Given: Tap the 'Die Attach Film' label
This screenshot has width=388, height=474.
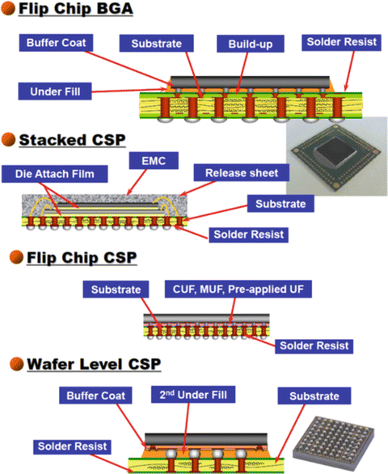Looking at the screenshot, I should [49, 171].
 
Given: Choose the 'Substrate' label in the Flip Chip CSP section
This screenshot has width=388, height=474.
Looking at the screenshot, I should [115, 288].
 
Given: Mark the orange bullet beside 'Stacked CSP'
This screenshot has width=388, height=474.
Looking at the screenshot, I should [7, 139].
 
